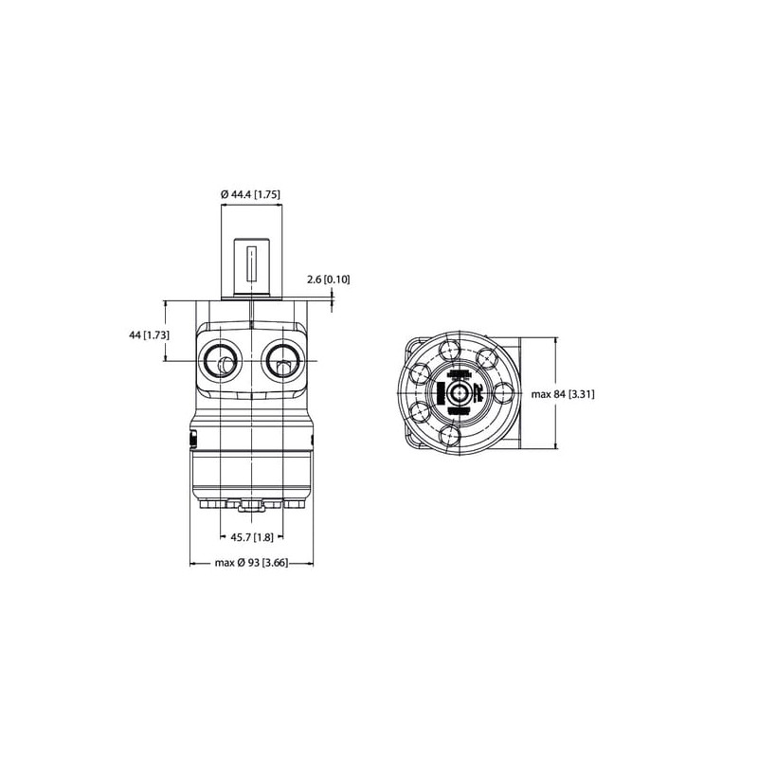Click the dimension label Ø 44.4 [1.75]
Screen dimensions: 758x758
point(250,194)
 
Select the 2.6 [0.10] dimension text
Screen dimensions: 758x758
point(328,280)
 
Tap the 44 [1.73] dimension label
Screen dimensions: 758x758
point(149,334)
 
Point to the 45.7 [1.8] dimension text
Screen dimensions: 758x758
point(252,537)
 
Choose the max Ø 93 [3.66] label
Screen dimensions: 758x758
point(251,563)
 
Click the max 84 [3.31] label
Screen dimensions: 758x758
point(563,394)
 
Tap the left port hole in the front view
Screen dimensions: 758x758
point(221,361)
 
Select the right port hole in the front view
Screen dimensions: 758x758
point(282,361)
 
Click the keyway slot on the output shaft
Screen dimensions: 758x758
point(251,264)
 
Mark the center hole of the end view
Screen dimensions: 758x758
point(458,393)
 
